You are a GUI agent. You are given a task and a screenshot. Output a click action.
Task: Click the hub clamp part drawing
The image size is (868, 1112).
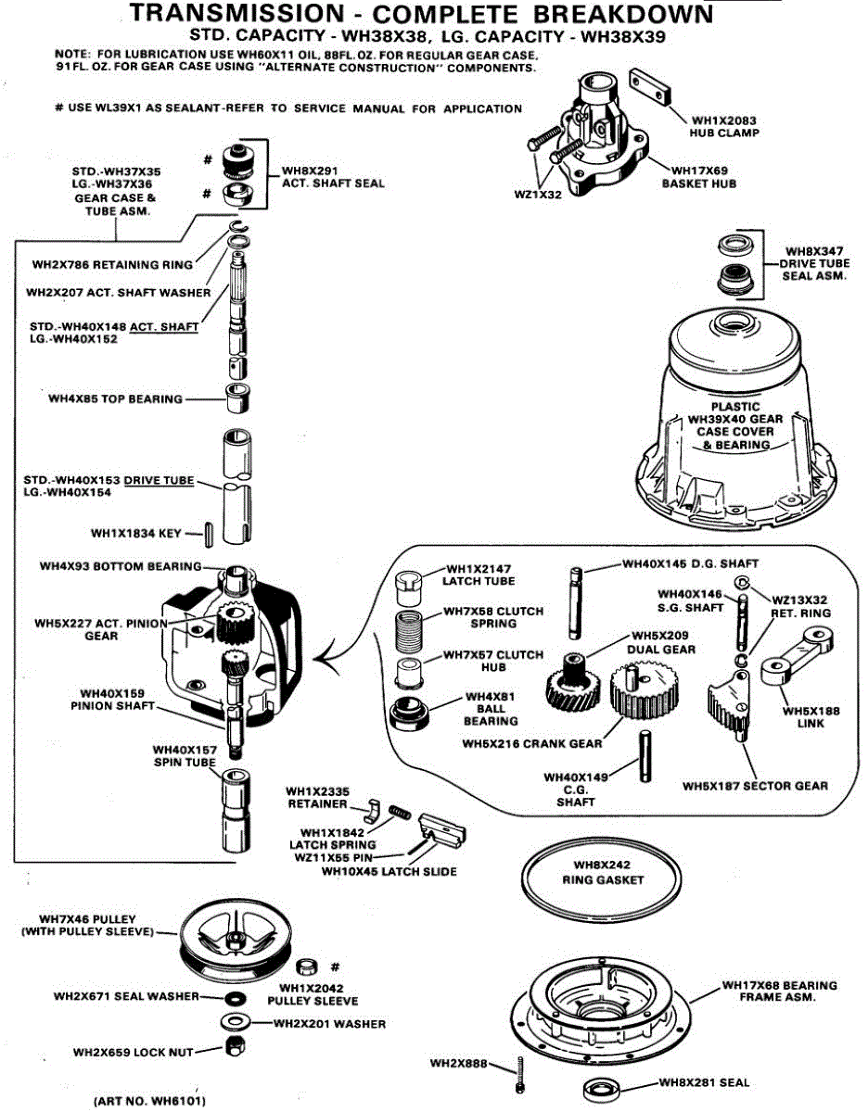(x=650, y=88)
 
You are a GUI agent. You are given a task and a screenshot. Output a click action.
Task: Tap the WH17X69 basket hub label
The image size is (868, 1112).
(x=699, y=177)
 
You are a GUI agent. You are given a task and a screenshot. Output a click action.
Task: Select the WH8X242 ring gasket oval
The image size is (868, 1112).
(x=602, y=879)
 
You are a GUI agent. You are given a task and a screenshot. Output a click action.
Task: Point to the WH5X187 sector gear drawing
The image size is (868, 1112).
(x=729, y=705)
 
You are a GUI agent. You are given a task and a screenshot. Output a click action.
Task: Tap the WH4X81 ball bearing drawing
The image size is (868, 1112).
(x=409, y=712)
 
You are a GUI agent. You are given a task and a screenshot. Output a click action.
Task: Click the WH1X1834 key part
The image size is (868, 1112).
(x=209, y=535)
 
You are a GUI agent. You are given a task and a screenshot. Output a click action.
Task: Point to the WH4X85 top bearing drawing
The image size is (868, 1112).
(x=238, y=398)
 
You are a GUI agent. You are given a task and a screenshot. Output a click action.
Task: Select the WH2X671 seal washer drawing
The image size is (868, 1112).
(x=235, y=998)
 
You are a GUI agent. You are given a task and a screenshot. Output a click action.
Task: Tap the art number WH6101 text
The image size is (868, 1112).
(x=150, y=1100)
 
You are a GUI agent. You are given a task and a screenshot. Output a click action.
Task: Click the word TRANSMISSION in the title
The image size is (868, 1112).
(x=237, y=14)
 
